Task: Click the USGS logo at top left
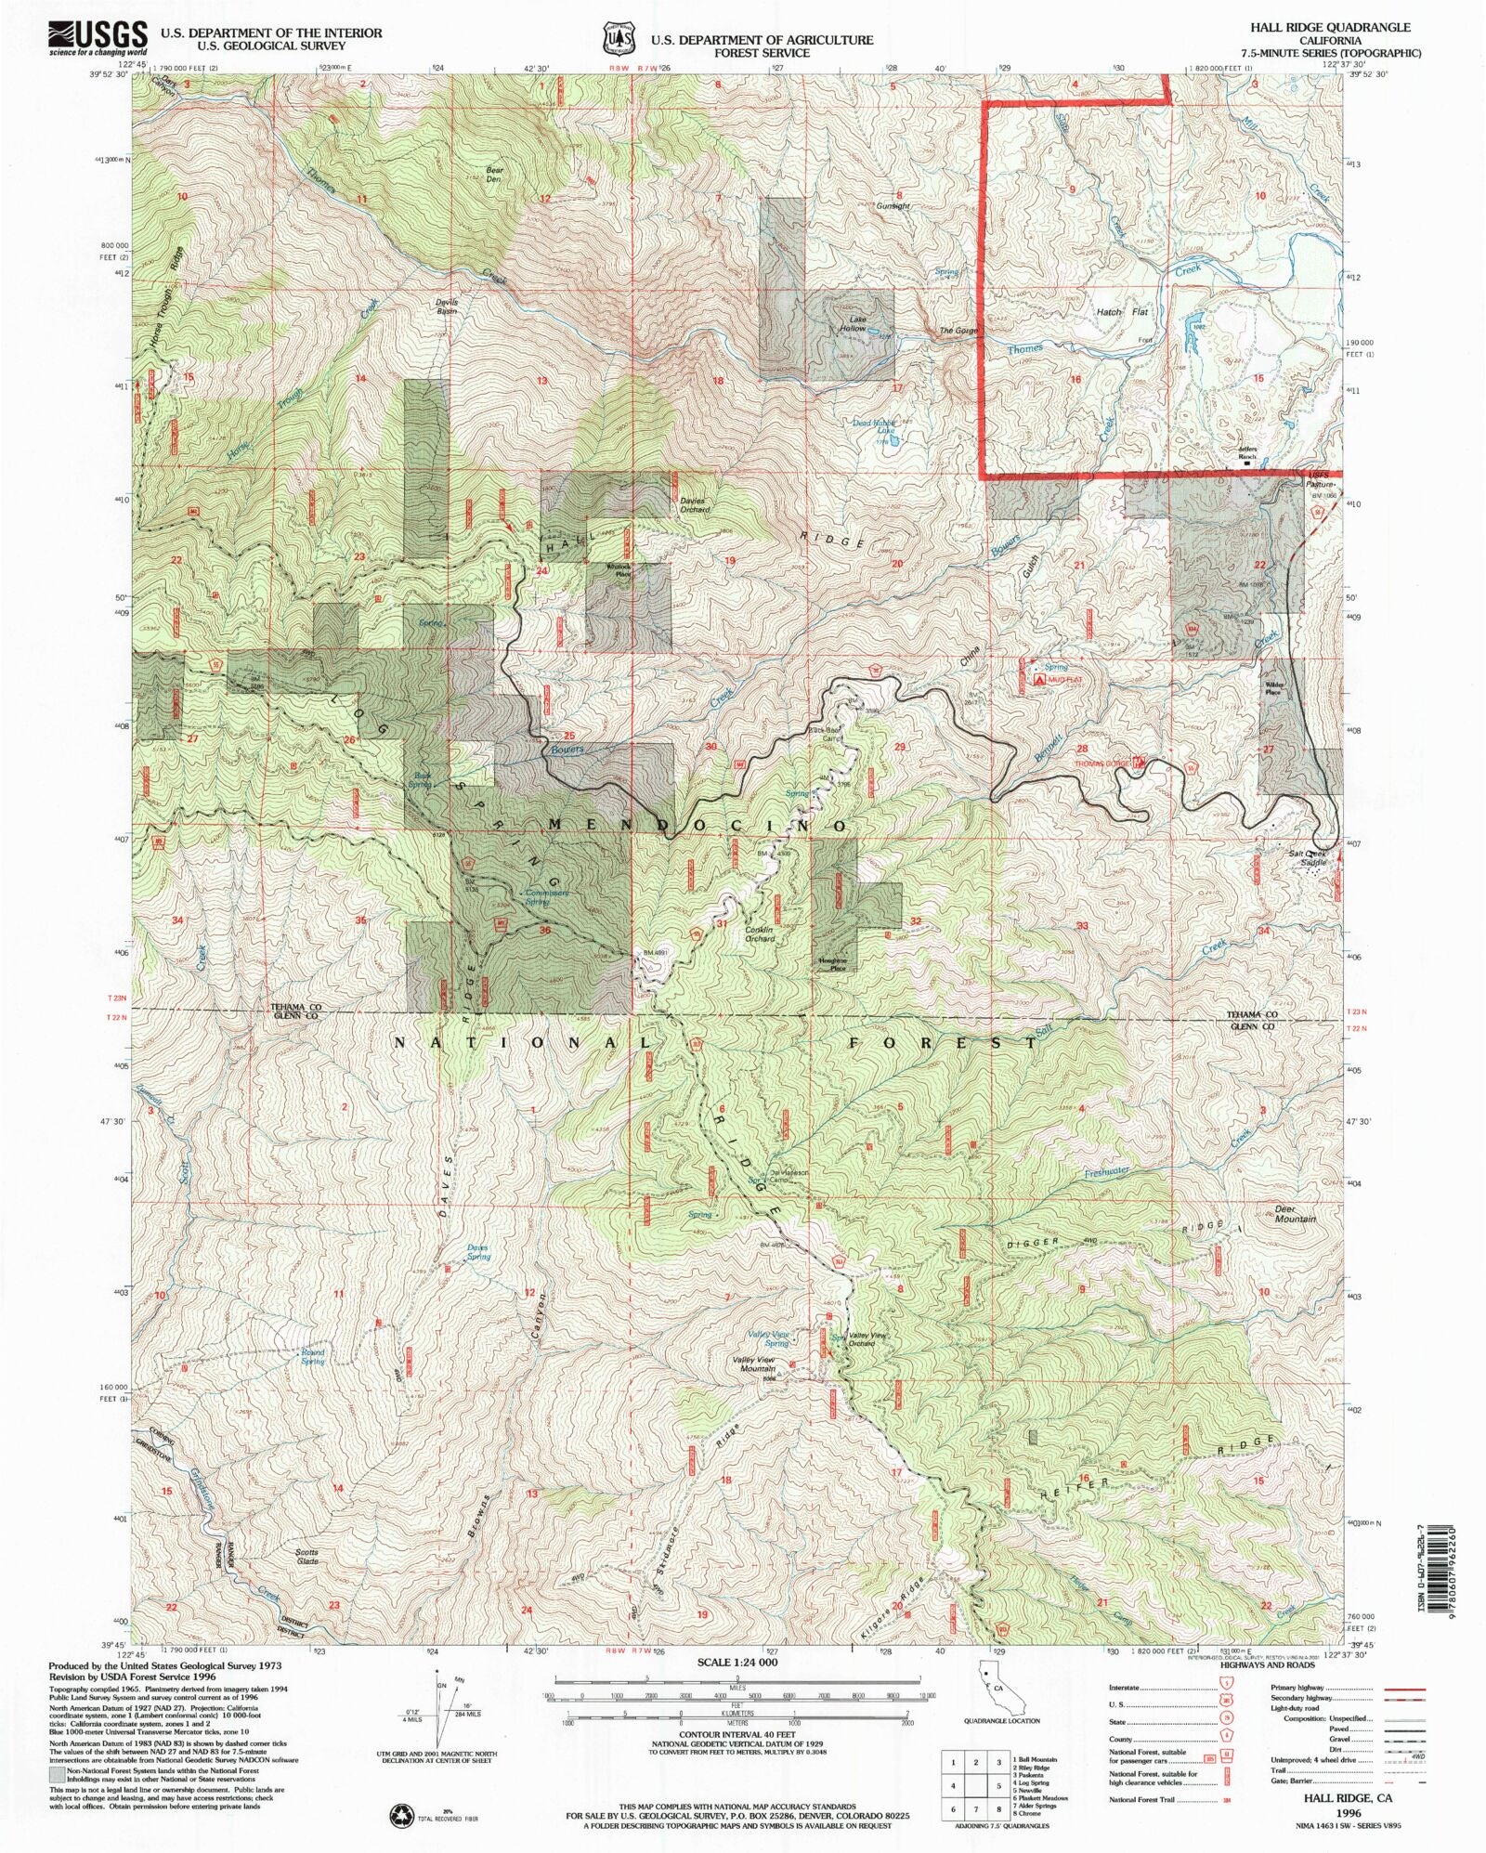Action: [98, 38]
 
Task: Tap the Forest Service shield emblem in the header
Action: [618, 40]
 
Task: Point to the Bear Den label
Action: [494, 175]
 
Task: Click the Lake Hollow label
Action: [853, 324]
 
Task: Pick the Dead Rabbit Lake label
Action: [874, 427]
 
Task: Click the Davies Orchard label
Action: [694, 505]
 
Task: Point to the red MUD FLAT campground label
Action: [1064, 680]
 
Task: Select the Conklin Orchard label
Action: [759, 934]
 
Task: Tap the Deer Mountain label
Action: [1295, 1214]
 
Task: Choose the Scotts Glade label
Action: [306, 1556]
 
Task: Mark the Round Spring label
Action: [312, 1357]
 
